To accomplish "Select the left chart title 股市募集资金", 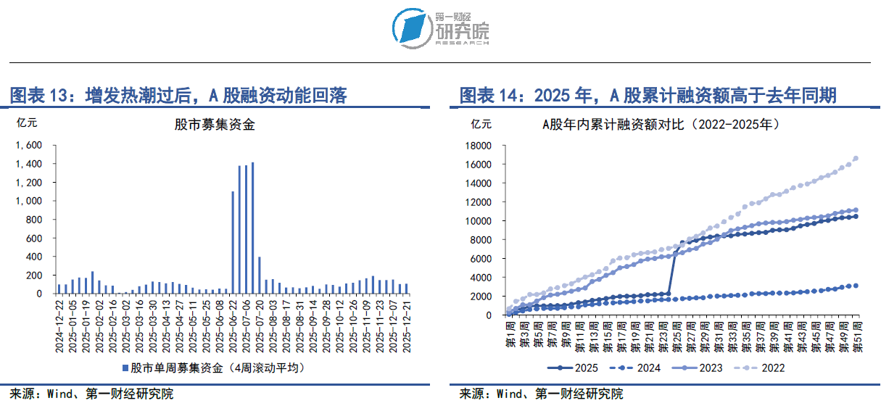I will click(x=215, y=124).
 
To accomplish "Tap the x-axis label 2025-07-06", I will click(x=247, y=327).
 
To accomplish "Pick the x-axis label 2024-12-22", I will click(x=59, y=327).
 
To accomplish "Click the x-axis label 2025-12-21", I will click(x=406, y=327).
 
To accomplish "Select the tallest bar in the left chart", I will click(x=252, y=228).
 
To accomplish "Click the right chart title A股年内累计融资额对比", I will click(x=661, y=124).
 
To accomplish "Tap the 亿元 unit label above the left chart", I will click(x=26, y=123).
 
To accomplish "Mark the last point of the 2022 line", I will click(x=856, y=158).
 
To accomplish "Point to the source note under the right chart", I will click(x=541, y=394).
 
